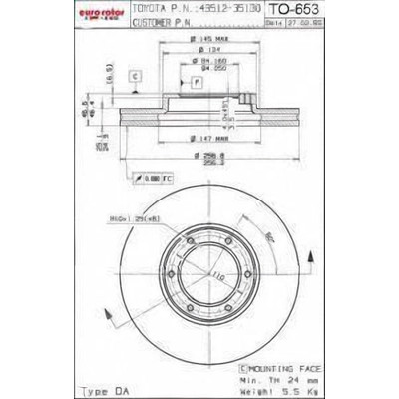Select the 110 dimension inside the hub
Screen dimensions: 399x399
[x=213, y=273]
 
